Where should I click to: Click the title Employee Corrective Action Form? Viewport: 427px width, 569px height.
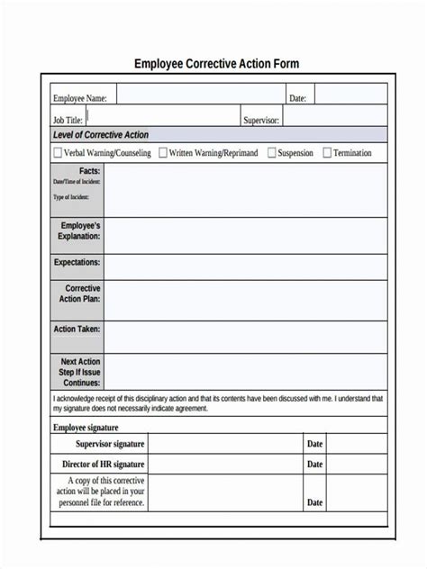(x=216, y=64)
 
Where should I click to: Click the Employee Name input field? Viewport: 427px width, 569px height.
(x=199, y=97)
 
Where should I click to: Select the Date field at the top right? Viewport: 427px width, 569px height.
(x=350, y=97)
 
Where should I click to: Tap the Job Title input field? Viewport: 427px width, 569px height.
(x=163, y=118)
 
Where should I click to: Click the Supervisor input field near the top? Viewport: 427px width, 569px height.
(x=334, y=118)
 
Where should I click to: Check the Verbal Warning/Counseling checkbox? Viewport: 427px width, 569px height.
(x=59, y=153)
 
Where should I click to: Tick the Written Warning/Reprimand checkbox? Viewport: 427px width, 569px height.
(x=163, y=153)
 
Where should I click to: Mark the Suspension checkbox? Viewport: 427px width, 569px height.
(x=270, y=153)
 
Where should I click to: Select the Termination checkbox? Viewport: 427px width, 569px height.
(x=327, y=153)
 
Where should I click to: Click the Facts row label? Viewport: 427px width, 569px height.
(x=89, y=170)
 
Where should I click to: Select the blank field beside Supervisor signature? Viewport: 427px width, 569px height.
(x=224, y=444)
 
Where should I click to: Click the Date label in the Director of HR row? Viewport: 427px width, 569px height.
(x=314, y=465)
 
